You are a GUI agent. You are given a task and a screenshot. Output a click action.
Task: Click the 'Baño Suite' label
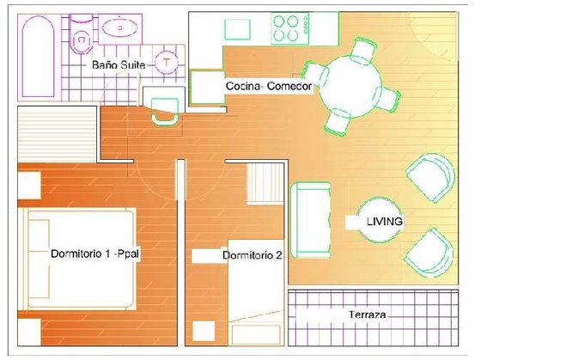tap(119, 64)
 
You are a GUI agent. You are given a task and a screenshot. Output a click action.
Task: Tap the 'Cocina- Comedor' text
tap(269, 86)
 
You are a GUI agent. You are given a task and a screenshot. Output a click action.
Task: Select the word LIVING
tap(385, 222)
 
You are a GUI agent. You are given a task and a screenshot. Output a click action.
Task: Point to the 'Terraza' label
tap(368, 314)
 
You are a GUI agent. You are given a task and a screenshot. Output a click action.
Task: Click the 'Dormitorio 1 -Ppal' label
tap(95, 253)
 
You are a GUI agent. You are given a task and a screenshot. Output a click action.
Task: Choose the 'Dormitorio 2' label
tap(252, 255)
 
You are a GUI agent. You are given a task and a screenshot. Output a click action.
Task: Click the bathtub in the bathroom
tap(38, 57)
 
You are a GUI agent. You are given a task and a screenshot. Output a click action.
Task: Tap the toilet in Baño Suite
tap(82, 34)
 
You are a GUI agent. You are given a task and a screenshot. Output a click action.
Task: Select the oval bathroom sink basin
tap(120, 27)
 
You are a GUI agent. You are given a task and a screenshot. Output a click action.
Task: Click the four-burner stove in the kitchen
tap(290, 28)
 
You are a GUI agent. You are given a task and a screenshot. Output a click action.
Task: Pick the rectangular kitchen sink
tap(237, 29)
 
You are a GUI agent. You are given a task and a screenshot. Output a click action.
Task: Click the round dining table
tap(351, 87)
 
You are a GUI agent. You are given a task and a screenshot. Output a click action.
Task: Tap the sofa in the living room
tap(311, 220)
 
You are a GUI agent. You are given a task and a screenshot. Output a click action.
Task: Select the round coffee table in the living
tap(380, 220)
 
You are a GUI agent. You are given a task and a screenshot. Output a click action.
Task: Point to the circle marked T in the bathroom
tap(167, 62)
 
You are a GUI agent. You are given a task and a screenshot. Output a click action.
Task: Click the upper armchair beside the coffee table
tap(431, 177)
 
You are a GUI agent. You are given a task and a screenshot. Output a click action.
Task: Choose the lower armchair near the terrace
tap(429, 253)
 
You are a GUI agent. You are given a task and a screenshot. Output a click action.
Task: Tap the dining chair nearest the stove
tap(363, 51)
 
